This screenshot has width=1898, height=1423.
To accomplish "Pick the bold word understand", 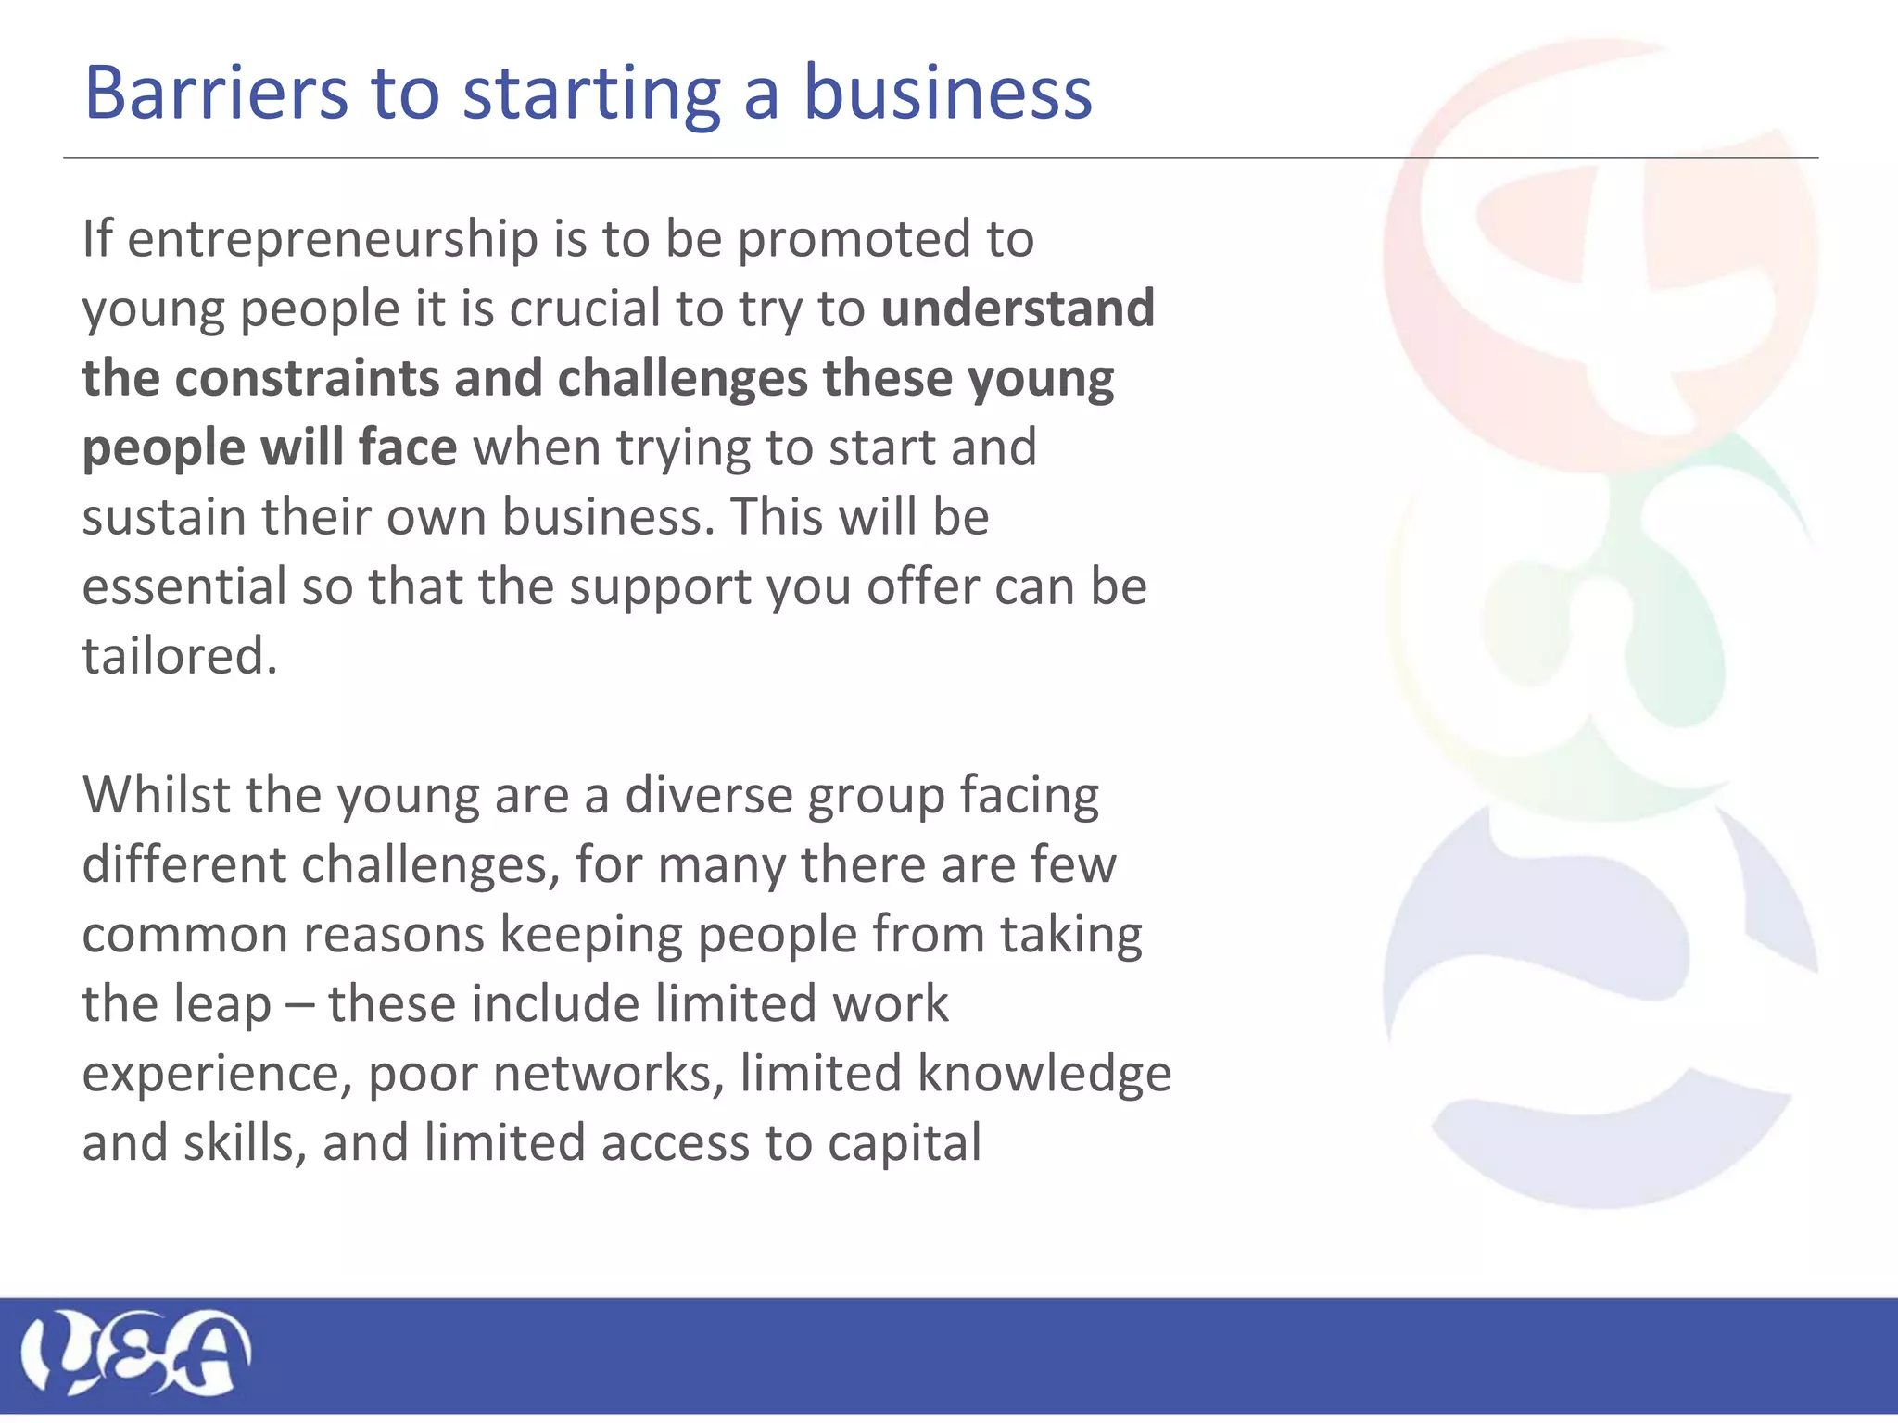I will [x=1018, y=309].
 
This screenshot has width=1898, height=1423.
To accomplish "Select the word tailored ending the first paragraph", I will [x=179, y=656].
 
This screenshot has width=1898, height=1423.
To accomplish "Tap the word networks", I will [x=608, y=1074].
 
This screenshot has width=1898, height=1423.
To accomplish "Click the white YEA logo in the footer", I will [x=135, y=1352].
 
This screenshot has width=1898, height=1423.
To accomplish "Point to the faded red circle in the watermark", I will [x=1600, y=250].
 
